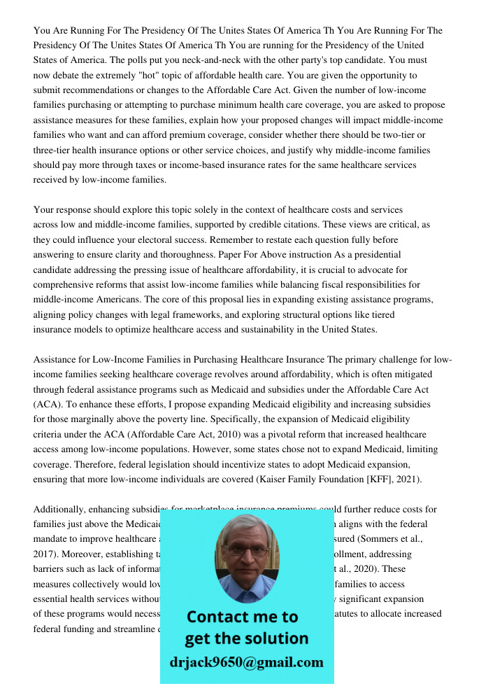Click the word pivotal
[233, 434]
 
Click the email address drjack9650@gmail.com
[246, 661]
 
